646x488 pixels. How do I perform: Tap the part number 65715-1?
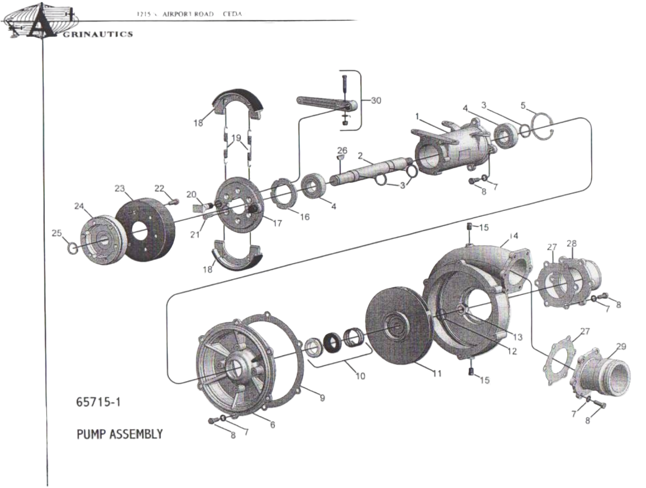click(x=98, y=402)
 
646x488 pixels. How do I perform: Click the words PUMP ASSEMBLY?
click(x=119, y=434)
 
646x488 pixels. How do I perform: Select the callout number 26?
click(x=342, y=151)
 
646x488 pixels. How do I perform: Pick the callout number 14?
click(x=513, y=236)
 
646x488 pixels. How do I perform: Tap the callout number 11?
click(x=437, y=373)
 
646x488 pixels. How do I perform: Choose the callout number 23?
click(x=120, y=189)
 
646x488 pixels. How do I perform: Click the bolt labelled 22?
click(x=174, y=201)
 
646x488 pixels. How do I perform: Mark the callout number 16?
click(x=305, y=217)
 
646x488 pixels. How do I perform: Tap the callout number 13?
click(x=517, y=337)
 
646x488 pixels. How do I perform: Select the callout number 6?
click(x=272, y=425)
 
